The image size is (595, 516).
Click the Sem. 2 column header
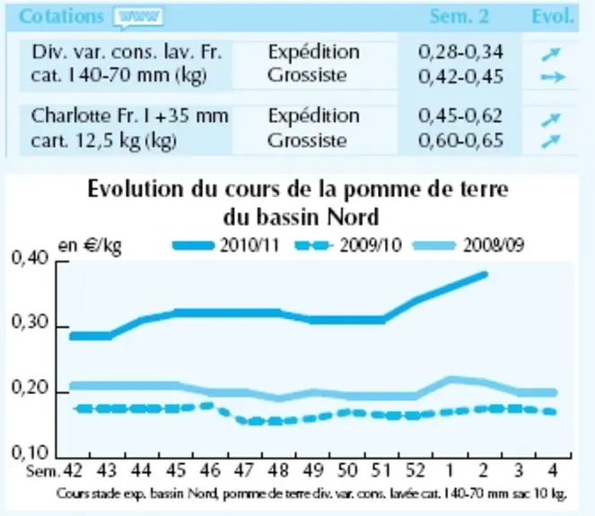click(x=459, y=17)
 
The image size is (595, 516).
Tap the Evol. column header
click(x=553, y=17)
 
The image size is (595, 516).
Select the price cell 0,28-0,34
click(x=460, y=52)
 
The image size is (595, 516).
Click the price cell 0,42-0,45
click(x=460, y=76)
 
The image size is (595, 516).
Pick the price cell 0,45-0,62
click(x=460, y=116)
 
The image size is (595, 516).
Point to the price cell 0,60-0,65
click(x=460, y=140)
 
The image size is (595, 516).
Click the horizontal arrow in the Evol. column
click(x=553, y=77)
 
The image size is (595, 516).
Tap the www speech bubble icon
click(x=139, y=18)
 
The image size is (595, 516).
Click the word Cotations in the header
click(x=61, y=17)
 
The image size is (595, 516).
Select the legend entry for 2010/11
click(x=226, y=245)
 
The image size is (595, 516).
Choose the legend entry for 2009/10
click(x=348, y=245)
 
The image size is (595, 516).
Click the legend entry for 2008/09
click(x=469, y=245)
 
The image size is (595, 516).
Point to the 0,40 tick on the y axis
click(x=63, y=262)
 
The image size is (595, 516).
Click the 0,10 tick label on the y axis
click(x=30, y=452)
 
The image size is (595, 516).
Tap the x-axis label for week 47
click(x=243, y=470)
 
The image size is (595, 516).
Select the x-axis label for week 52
click(x=415, y=470)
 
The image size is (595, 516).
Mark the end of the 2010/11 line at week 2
click(x=485, y=275)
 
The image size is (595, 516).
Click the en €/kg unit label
click(x=90, y=246)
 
